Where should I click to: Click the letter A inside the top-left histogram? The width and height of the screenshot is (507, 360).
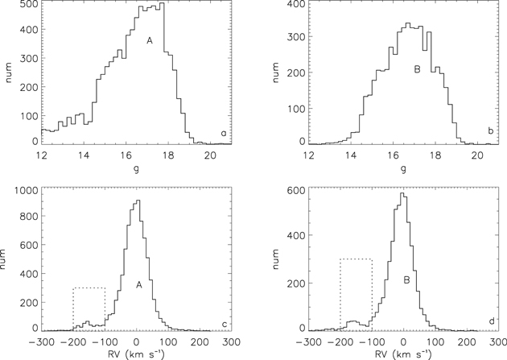(149, 40)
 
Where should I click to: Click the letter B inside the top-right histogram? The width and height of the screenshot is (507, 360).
(417, 70)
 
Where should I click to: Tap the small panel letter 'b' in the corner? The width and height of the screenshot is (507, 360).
(489, 130)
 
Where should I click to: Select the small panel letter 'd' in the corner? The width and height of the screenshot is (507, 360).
(489, 322)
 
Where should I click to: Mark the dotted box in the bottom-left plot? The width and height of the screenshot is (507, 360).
(89, 307)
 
